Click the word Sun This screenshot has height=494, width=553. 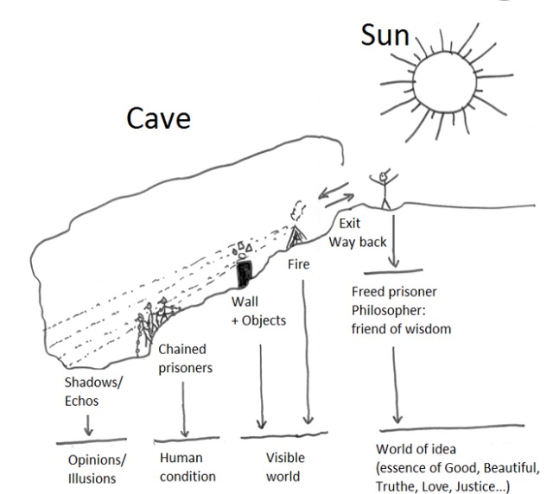[x=385, y=35]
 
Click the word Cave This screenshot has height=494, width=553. [x=158, y=118]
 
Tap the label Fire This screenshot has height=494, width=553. [x=299, y=264]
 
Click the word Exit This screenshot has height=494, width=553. [x=349, y=223]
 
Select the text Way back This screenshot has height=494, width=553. [x=358, y=242]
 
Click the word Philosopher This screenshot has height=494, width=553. [x=388, y=310]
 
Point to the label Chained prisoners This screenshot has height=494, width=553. [x=185, y=358]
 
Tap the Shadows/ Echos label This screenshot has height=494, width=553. [x=93, y=391]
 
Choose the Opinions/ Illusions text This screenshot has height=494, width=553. [x=97, y=469]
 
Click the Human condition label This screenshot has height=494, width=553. [x=188, y=467]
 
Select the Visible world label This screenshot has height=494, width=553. [x=285, y=467]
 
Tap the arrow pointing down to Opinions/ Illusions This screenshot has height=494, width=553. [x=88, y=425]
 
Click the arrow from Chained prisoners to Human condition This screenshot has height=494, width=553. [x=184, y=409]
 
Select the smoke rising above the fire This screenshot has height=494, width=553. [x=298, y=210]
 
